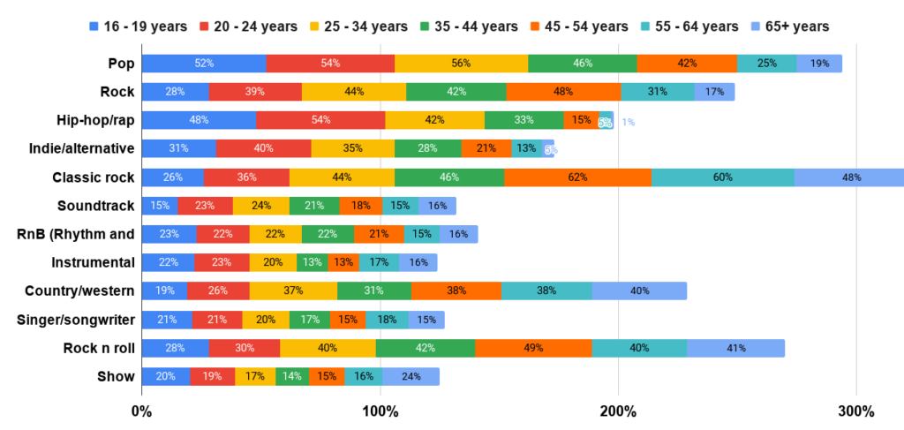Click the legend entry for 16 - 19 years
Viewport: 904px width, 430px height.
tap(138, 26)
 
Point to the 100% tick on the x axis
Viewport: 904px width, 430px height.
tap(380, 411)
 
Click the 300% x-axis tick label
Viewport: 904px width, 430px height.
tap(855, 411)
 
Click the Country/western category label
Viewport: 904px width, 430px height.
tap(79, 290)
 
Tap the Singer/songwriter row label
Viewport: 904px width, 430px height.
tap(75, 320)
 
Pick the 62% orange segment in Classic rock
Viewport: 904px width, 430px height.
tap(577, 177)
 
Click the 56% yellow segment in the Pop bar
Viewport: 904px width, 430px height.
tap(461, 64)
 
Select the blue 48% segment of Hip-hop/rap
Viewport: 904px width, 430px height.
tap(199, 120)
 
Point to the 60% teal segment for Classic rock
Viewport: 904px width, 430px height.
tap(722, 177)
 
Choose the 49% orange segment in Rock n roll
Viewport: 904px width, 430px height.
tap(533, 348)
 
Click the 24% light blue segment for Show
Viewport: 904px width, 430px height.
tap(411, 377)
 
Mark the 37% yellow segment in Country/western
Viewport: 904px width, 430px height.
tap(293, 290)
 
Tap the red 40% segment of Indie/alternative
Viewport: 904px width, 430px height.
tap(263, 148)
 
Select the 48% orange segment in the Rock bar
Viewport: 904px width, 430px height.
tap(563, 92)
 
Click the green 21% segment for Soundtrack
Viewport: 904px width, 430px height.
tap(314, 206)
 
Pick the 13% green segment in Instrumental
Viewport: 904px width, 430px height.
tap(312, 262)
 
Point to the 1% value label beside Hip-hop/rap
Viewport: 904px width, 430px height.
tap(628, 122)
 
